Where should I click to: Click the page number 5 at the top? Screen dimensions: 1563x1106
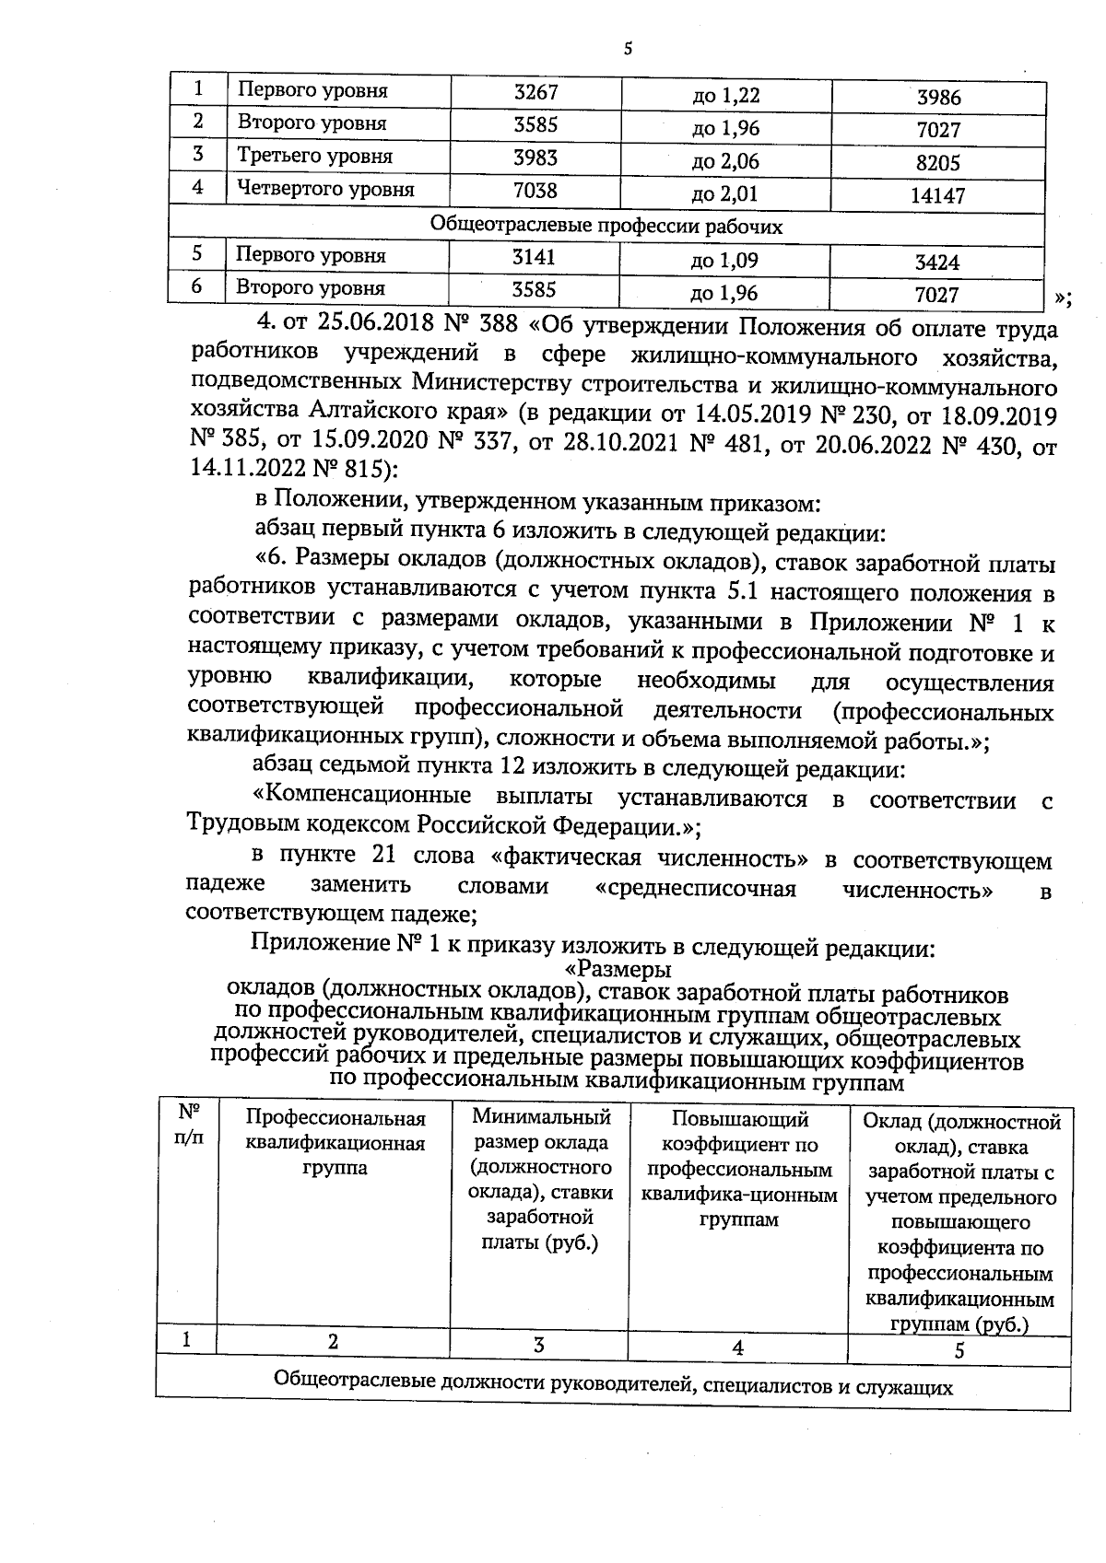point(628,50)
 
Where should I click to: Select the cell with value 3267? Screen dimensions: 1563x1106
point(536,92)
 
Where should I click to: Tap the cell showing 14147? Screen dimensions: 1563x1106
point(939,196)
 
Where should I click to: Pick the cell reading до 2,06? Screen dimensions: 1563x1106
point(725,162)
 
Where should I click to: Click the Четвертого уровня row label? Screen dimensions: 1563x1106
point(326,190)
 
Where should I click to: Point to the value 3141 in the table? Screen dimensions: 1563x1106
point(535,257)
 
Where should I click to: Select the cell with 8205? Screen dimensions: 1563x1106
point(939,163)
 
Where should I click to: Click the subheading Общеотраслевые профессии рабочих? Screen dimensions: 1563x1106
point(606,226)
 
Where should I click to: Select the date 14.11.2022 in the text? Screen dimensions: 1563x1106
point(244,469)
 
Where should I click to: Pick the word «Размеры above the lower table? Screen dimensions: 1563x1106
point(617,970)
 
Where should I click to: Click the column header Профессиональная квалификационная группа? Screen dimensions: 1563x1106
point(335,1143)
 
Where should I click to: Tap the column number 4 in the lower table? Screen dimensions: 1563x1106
point(737,1347)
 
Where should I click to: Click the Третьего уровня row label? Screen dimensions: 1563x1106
point(315,157)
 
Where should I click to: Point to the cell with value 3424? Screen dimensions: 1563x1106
point(937,262)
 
